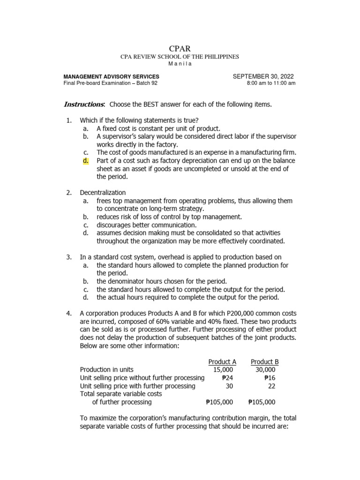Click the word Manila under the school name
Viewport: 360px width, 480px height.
click(x=180, y=64)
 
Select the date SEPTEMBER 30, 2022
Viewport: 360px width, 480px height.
click(x=263, y=76)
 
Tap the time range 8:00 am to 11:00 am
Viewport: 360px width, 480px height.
click(x=271, y=83)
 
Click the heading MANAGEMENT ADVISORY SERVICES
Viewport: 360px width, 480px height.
click(x=111, y=76)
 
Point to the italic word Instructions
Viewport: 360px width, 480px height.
click(x=84, y=104)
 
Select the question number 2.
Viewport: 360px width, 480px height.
click(x=68, y=193)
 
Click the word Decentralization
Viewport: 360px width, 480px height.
click(x=103, y=193)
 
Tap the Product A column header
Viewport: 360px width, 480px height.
click(x=222, y=361)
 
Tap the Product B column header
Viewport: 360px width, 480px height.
click(x=264, y=361)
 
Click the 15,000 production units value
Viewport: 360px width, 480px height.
click(x=223, y=370)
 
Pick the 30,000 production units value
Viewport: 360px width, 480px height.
click(x=265, y=370)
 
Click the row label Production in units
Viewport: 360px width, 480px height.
click(x=113, y=370)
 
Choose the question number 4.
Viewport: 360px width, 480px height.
click(x=68, y=313)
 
